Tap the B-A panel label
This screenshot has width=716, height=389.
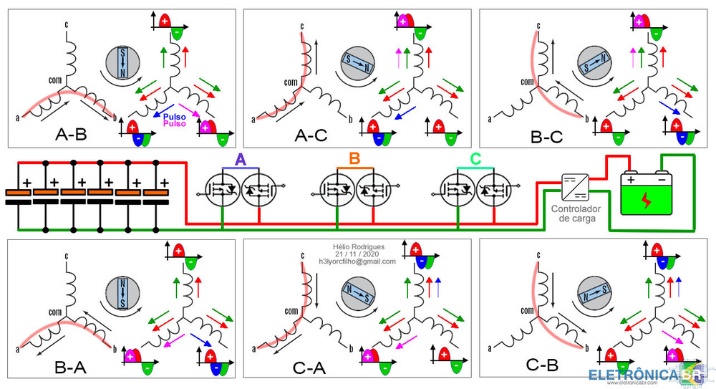tap(70, 368)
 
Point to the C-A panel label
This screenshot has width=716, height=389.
tap(309, 368)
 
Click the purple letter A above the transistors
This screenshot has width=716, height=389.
tap(241, 159)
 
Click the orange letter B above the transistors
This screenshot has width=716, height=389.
tap(354, 158)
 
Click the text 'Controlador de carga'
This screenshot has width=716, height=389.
tap(573, 213)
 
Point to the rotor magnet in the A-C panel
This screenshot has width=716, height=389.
tap(357, 64)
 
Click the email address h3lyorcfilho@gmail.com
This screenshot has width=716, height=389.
tap(357, 262)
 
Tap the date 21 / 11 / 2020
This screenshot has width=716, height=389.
tap(357, 254)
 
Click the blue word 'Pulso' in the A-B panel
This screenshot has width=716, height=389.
tap(175, 115)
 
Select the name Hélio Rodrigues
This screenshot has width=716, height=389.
tap(357, 246)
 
